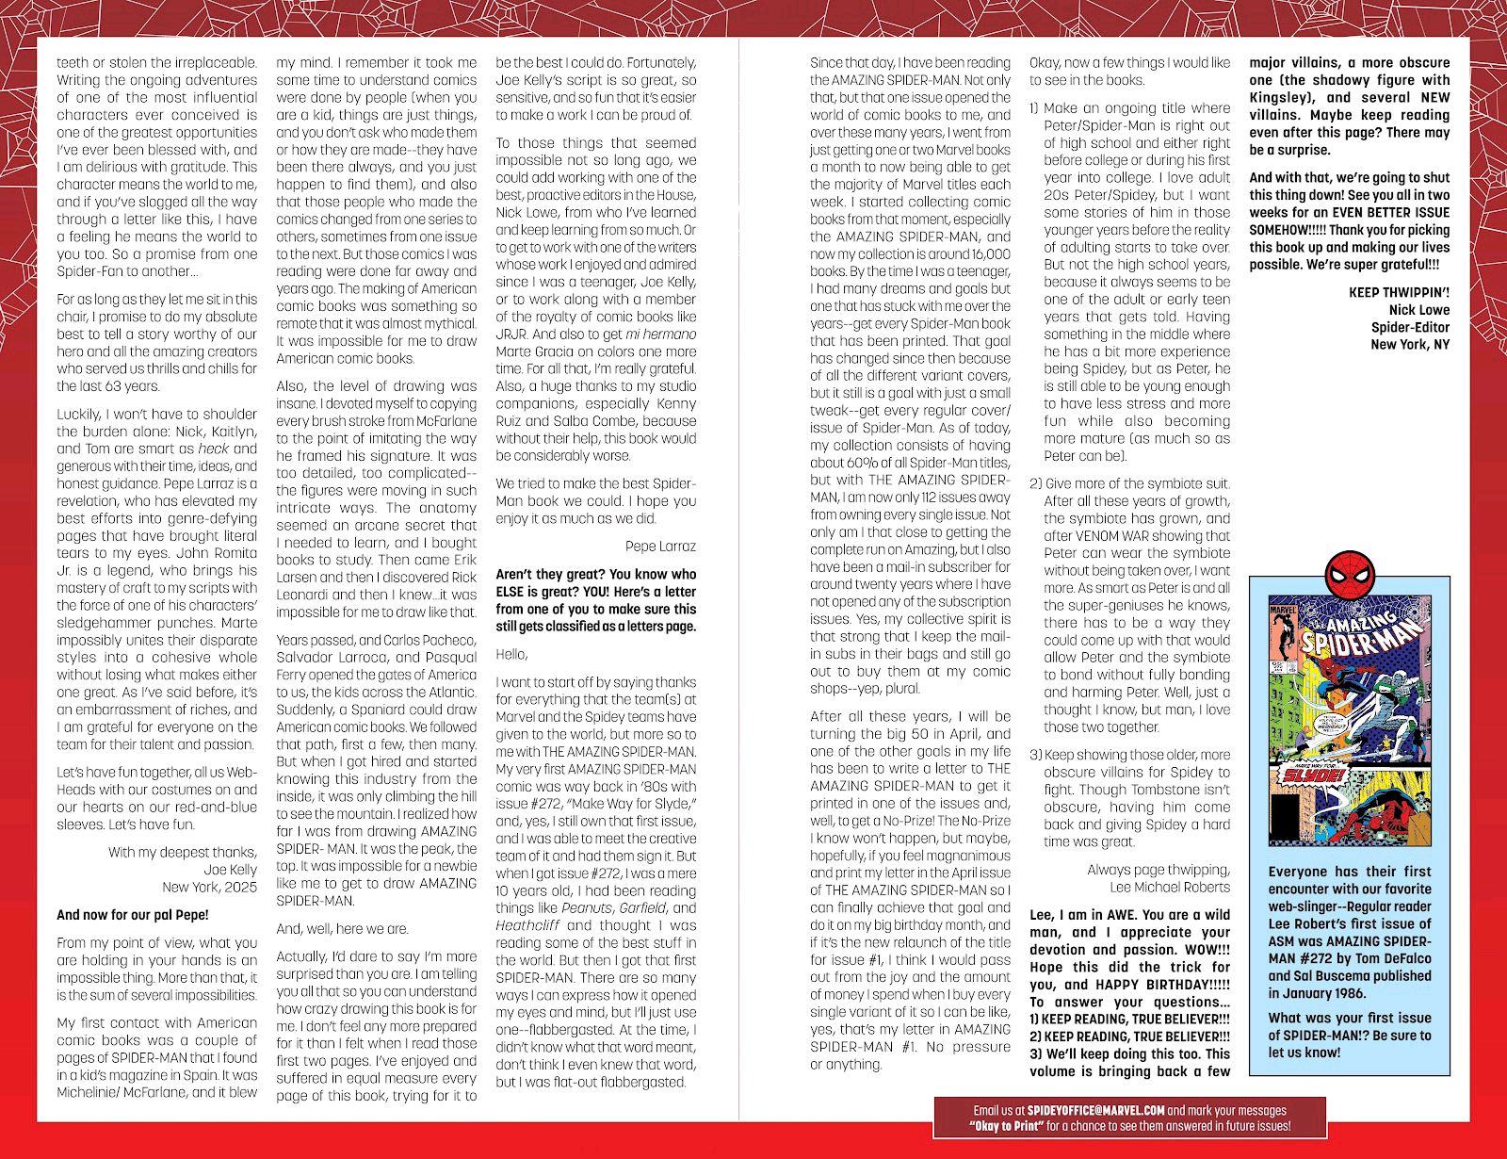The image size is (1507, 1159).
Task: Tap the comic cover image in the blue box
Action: pyautogui.click(x=1349, y=720)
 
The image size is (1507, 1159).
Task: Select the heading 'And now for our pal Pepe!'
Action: pyautogui.click(x=133, y=914)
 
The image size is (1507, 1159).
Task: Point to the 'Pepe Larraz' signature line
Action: pyautogui.click(x=660, y=547)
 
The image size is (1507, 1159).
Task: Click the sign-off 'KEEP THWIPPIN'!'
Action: pyautogui.click(x=1399, y=292)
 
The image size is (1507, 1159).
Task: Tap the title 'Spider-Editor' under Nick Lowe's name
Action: pyautogui.click(x=1410, y=327)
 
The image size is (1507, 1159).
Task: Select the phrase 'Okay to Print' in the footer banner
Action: pyautogui.click(x=1009, y=1126)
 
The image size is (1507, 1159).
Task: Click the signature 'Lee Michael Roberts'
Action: pyautogui.click(x=1170, y=887)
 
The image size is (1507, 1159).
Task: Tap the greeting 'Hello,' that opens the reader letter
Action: pyautogui.click(x=511, y=654)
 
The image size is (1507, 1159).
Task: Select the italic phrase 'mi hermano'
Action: pyautogui.click(x=661, y=334)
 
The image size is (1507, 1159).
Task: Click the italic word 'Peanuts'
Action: pyautogui.click(x=586, y=908)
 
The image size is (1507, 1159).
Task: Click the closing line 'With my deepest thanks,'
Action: pyautogui.click(x=182, y=852)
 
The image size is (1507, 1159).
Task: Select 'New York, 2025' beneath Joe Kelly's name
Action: pyautogui.click(x=209, y=887)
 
